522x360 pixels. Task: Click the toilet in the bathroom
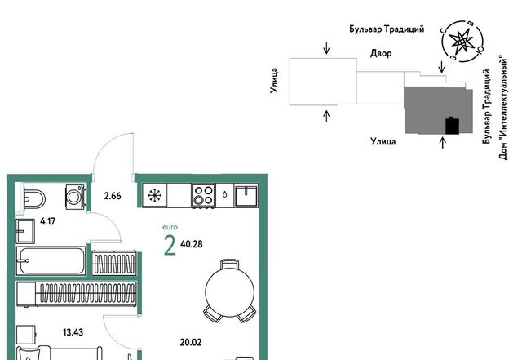[x=34, y=200]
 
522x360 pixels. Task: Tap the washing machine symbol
[x=75, y=197]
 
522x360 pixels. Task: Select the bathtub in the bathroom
[x=51, y=260]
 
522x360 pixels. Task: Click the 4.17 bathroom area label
[x=47, y=221]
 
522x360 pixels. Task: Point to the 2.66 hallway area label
[x=113, y=196]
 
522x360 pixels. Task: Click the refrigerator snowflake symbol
[x=155, y=195]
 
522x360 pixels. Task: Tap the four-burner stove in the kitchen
[x=203, y=195]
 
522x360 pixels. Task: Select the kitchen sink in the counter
[x=246, y=195]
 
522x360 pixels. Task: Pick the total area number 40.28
[x=192, y=244]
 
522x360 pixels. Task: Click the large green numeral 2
[x=170, y=245]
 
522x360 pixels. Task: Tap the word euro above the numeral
[x=170, y=227]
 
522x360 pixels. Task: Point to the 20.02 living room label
[x=191, y=342]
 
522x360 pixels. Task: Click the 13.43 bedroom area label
[x=73, y=332]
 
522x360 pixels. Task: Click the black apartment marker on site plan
[x=453, y=126]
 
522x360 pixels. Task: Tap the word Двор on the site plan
[x=381, y=53]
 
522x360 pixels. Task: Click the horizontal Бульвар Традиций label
[x=387, y=29]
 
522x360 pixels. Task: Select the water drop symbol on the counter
[x=225, y=194]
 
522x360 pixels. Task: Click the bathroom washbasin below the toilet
[x=25, y=231]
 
